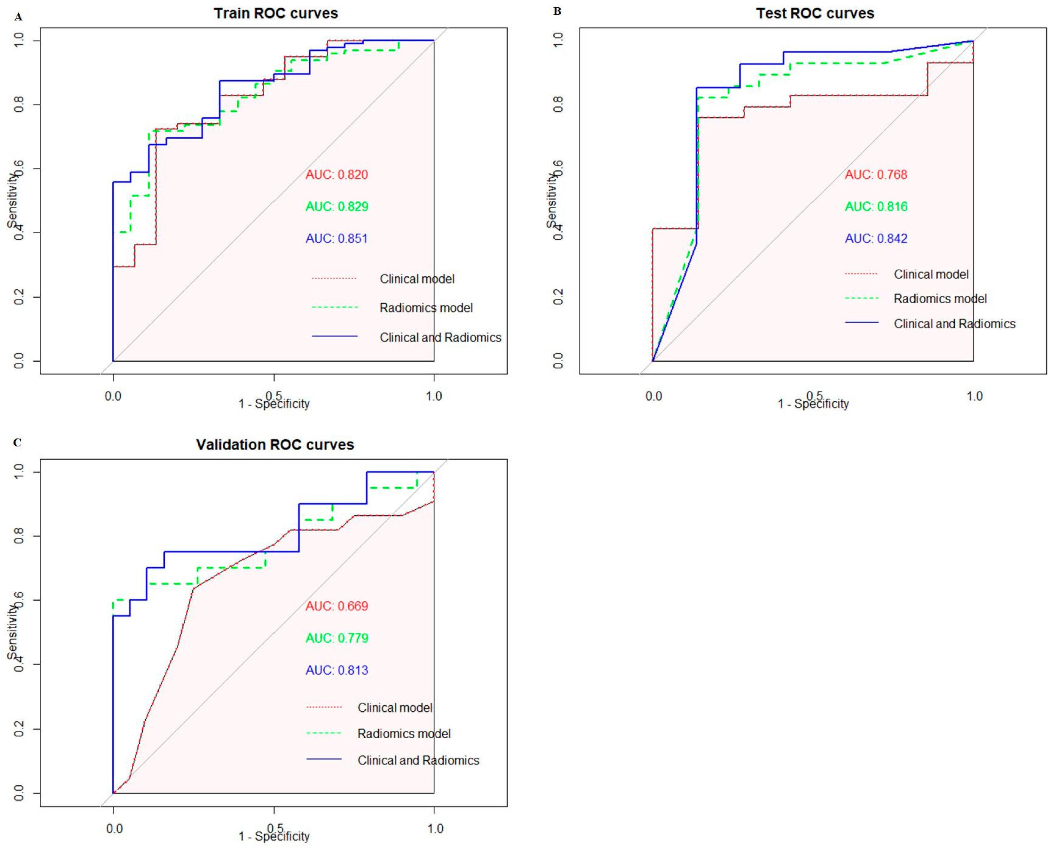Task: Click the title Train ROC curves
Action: (x=276, y=13)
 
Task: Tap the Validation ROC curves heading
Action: (x=275, y=445)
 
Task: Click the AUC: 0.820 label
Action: (x=337, y=175)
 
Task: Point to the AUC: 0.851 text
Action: (x=337, y=239)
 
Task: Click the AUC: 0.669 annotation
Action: (x=337, y=606)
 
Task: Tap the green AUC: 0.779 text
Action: (x=337, y=638)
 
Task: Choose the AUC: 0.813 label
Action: (x=337, y=670)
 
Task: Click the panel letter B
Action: (x=557, y=11)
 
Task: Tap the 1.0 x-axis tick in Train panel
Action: (x=434, y=396)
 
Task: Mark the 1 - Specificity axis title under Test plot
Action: (x=813, y=404)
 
